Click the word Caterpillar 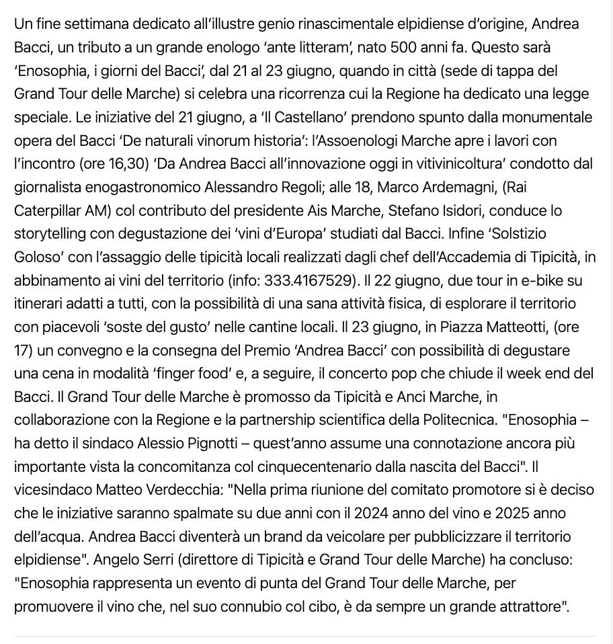point(48,211)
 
